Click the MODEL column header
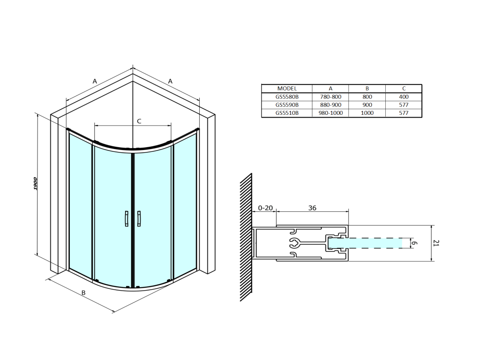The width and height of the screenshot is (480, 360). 287,89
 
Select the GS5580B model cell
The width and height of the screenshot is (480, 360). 287,97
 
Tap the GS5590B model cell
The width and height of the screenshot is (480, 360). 287,105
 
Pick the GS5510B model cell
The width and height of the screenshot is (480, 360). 287,112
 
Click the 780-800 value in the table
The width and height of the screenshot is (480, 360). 330,97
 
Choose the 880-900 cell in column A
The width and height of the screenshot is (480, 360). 330,105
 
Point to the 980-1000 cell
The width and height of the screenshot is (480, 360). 330,112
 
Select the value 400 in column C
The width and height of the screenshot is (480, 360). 404,97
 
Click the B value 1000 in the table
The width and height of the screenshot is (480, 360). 367,112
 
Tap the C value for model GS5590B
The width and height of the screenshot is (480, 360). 404,105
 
